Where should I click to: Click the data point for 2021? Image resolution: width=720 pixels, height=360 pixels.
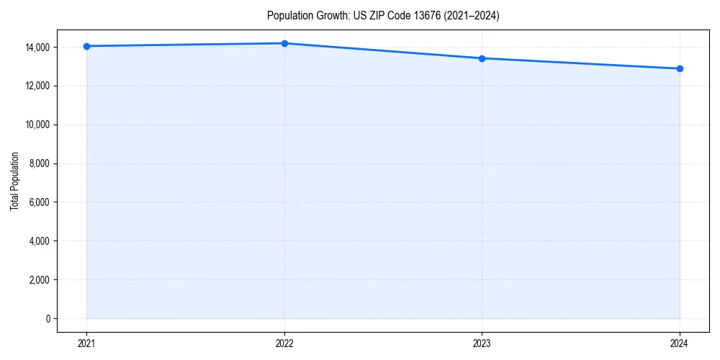click(86, 46)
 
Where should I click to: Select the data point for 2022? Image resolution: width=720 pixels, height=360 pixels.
click(284, 43)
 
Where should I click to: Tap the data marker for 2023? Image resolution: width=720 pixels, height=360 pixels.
click(482, 58)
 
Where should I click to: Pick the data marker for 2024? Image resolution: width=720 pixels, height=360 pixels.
click(680, 68)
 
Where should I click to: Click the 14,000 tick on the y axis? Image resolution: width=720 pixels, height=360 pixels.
click(38, 48)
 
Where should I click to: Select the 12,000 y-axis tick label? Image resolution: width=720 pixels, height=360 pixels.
click(38, 86)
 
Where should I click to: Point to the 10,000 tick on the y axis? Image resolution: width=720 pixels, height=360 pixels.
click(38, 125)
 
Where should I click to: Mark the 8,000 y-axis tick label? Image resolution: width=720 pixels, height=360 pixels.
click(40, 164)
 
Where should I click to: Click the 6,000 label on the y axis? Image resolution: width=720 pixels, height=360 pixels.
click(40, 202)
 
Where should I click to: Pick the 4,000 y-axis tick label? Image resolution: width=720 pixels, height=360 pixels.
click(40, 241)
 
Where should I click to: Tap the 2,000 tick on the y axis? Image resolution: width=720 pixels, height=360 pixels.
click(40, 280)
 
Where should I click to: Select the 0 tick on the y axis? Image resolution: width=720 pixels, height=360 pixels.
click(48, 319)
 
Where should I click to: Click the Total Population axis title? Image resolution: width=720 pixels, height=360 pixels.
click(14, 181)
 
